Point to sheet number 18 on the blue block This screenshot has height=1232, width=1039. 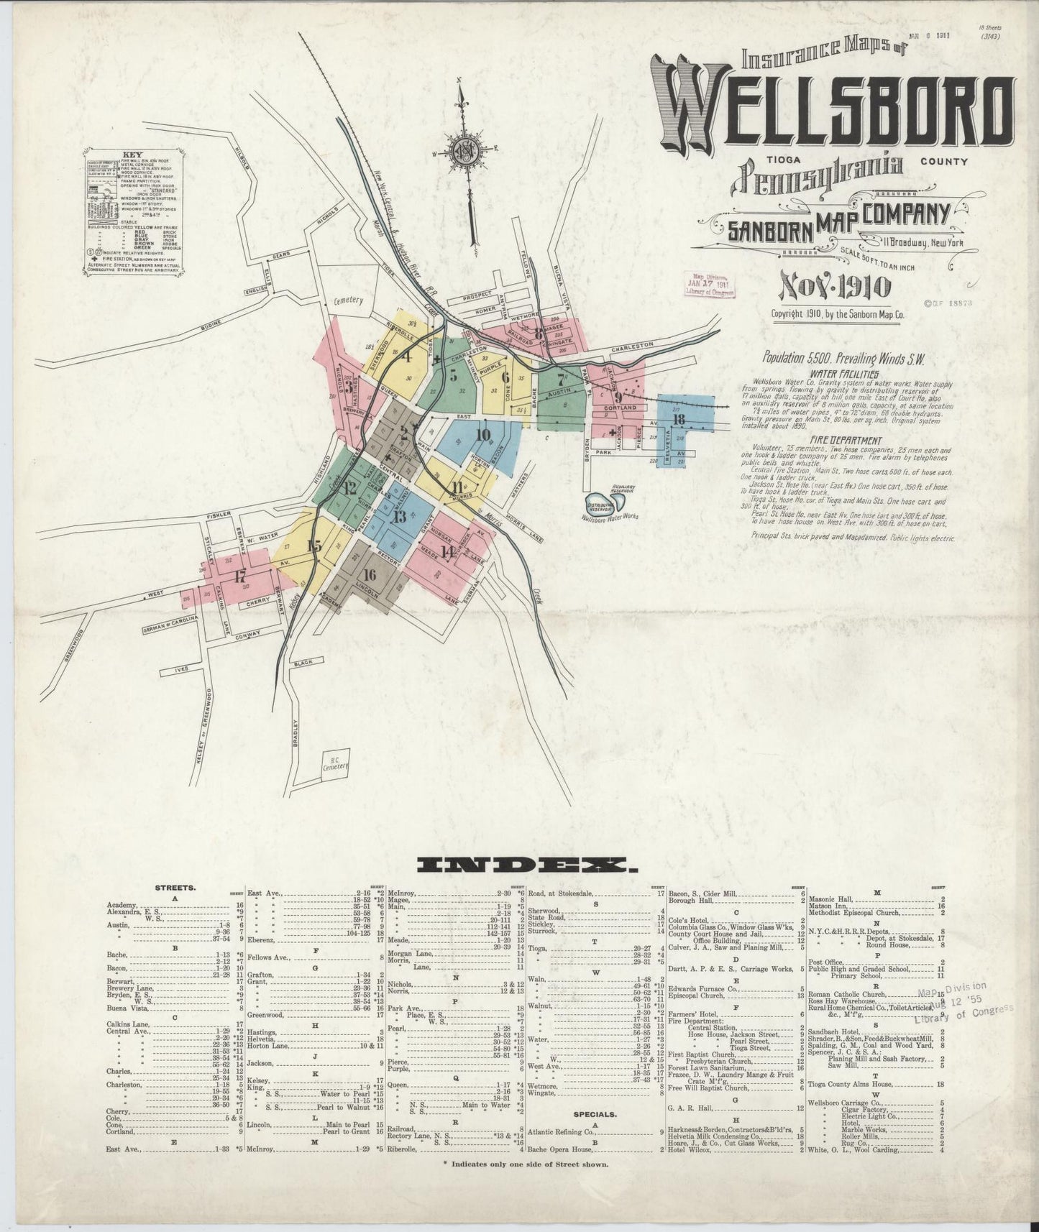tap(678, 419)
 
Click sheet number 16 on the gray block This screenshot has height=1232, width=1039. tap(370, 574)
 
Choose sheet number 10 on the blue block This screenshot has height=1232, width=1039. tap(482, 434)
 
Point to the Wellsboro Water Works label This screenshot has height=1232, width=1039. tap(610, 515)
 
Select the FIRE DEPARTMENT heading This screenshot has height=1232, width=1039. tap(846, 440)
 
